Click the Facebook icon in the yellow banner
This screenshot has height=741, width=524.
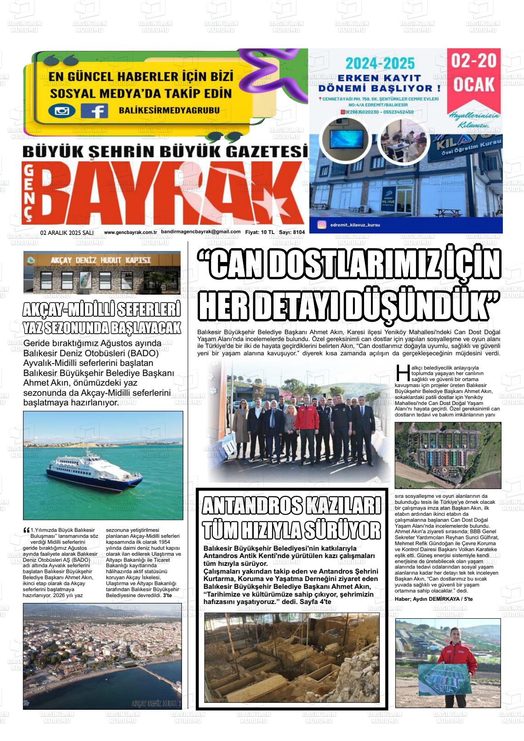click(x=94, y=111)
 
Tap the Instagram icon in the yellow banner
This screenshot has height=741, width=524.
click(x=62, y=111)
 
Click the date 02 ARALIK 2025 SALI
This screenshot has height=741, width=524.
click(x=67, y=233)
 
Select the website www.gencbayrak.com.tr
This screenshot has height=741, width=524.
click(x=131, y=233)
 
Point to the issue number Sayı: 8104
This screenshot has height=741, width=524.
click(x=292, y=233)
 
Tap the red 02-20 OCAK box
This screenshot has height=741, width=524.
click(x=473, y=74)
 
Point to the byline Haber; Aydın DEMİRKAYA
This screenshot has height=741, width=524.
click(x=427, y=599)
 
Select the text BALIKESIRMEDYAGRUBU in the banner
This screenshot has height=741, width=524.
click(x=169, y=110)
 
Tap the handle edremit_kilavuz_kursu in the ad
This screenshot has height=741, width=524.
click(x=355, y=225)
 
